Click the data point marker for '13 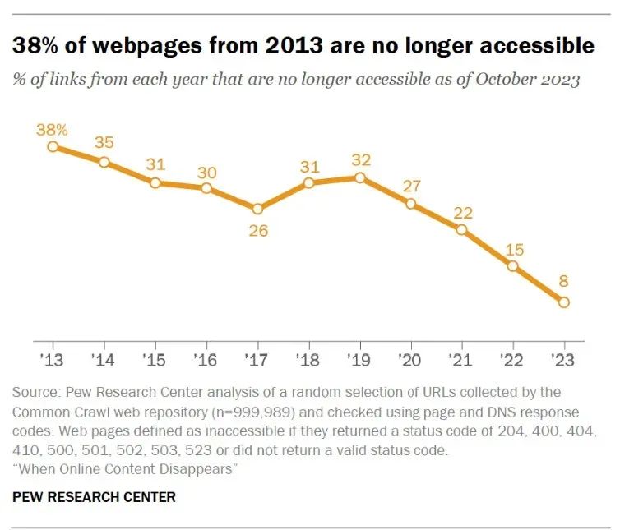53,146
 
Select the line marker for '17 257,209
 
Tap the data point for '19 359,177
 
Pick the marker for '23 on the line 563,302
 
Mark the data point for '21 461,229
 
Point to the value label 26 257,231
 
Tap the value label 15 513,249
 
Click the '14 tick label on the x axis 104,360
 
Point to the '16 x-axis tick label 206,360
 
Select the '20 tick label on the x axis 410,360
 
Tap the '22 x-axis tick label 512,360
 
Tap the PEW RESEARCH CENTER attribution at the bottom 95,497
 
